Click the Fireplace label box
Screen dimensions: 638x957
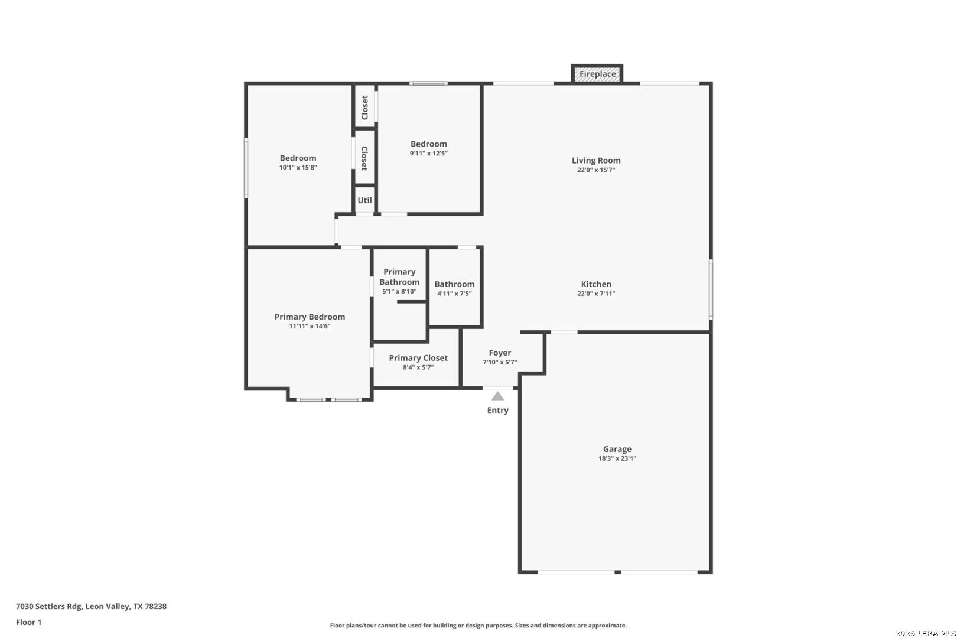pos(597,74)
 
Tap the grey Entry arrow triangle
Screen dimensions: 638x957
pos(498,396)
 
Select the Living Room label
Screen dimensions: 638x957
pos(596,160)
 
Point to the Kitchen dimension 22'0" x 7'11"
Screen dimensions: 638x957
pos(596,294)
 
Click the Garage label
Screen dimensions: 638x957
pos(617,449)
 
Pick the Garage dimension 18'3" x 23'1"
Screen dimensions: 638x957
pos(617,458)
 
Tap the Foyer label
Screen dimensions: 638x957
pos(500,353)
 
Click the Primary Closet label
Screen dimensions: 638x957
pos(418,358)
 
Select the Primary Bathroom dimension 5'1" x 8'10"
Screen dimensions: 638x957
pos(399,291)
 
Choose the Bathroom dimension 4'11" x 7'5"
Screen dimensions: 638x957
pos(454,294)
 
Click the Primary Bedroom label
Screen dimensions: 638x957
pos(310,317)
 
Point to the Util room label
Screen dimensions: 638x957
pos(365,200)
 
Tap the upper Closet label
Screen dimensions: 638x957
pos(365,108)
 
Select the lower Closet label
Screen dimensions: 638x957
pos(365,158)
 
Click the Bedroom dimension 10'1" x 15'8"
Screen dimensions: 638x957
pos(298,168)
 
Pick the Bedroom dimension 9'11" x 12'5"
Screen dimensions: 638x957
pos(429,154)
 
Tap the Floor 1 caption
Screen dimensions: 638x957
pos(28,622)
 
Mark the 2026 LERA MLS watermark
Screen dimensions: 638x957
pos(925,633)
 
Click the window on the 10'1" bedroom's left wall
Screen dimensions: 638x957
pos(246,167)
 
